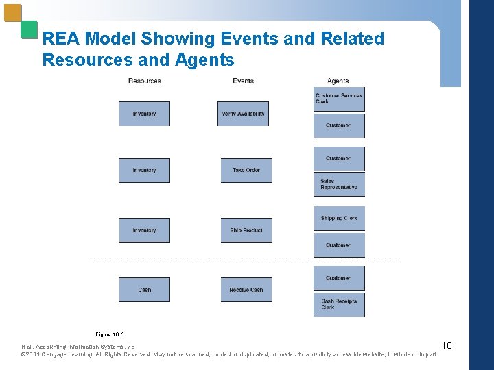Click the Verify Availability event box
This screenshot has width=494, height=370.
coord(243,114)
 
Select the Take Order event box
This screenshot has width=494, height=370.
coord(246,171)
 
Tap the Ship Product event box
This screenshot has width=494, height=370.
coord(246,230)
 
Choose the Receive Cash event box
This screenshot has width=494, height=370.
coord(246,290)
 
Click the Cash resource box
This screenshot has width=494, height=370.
coord(144,290)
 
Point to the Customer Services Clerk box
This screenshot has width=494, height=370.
coord(339,99)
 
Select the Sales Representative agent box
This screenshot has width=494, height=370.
coord(339,184)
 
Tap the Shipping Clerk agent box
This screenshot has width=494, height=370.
coord(339,219)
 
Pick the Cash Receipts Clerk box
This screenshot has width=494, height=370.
coord(339,304)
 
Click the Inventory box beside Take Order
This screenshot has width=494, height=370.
coord(144,171)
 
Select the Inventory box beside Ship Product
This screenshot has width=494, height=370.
coord(144,230)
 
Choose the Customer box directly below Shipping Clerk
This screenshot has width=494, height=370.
coord(339,245)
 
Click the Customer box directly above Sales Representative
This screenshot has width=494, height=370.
coord(339,159)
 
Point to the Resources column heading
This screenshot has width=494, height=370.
coord(145,81)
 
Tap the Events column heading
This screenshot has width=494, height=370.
coord(243,81)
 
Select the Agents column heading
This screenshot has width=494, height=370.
coord(338,81)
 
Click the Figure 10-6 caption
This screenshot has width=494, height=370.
coord(110,334)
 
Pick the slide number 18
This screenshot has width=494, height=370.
coord(447,345)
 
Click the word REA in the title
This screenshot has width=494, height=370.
coord(61,39)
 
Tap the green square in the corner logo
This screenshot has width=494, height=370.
coord(29,29)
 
